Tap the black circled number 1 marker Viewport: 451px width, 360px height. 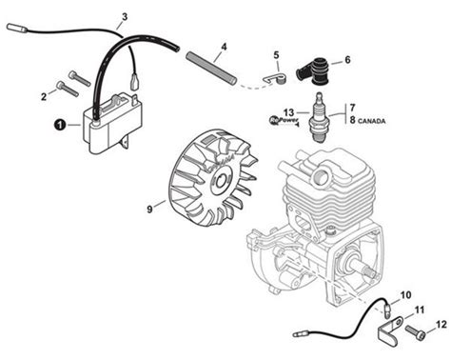click(x=59, y=124)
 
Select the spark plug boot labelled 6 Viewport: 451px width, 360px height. click(x=313, y=70)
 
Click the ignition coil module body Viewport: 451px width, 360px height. click(x=107, y=128)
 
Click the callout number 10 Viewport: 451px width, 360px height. click(x=405, y=294)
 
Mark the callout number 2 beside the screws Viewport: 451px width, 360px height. click(x=42, y=93)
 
